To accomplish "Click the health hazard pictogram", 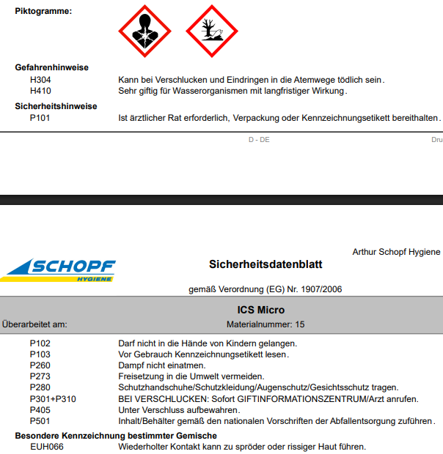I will tap(144, 31).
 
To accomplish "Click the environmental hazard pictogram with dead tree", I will tap(212, 31).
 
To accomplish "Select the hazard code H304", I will tap(40, 80).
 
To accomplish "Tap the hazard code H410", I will tap(40, 91).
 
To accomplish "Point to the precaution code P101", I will tap(40, 117).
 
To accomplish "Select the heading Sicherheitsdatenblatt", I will tap(266, 264).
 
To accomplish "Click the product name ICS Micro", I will tap(261, 310).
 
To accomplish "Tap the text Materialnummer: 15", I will tap(266, 323).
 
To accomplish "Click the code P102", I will tap(40, 343).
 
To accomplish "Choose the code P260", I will tap(40, 365).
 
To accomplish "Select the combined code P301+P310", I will tap(53, 398).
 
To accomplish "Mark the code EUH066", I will tap(46, 447).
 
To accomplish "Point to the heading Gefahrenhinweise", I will tap(51, 67).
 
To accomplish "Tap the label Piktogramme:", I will tap(43, 11).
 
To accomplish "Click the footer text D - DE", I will tap(259, 139).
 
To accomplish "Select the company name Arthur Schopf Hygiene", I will tap(396, 252).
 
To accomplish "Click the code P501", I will tap(40, 421).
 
